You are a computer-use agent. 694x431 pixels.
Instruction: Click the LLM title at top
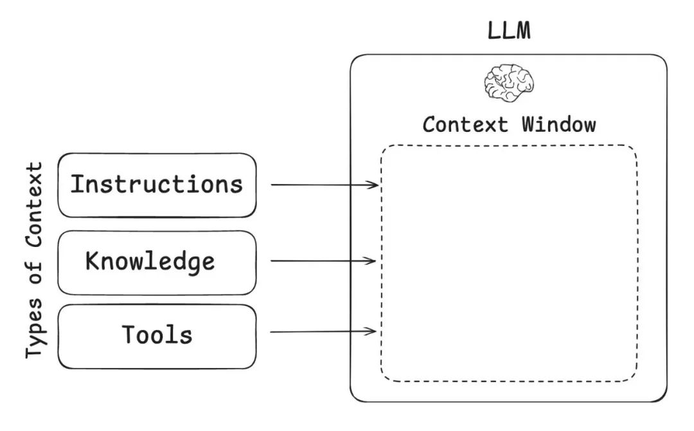508,31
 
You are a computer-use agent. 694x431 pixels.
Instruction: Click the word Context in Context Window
465,124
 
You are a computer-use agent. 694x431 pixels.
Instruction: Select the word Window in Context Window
558,124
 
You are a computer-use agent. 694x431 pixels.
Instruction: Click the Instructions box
157,185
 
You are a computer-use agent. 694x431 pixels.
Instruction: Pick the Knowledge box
157,262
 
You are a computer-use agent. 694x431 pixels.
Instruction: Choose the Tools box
157,336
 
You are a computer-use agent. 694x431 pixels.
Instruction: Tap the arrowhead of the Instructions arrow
375,185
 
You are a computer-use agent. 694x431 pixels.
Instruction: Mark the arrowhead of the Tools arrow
372,331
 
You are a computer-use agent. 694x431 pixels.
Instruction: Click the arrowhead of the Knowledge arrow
372,261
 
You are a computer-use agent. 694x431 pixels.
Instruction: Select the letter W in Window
528,124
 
